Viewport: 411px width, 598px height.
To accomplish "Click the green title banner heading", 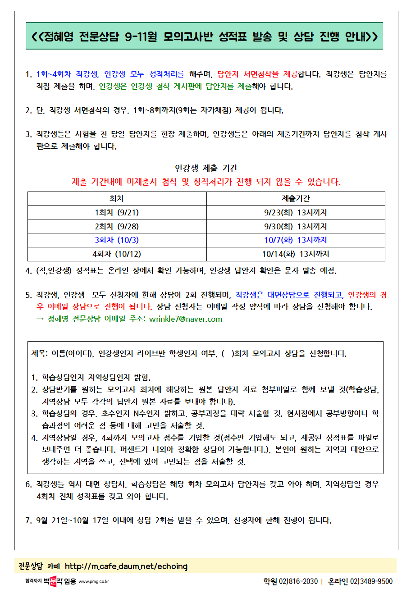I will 205,36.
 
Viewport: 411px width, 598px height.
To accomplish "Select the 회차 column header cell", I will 117,199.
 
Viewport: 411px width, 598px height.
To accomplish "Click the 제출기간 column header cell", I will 296,199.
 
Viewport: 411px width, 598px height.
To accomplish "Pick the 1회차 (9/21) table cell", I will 117,213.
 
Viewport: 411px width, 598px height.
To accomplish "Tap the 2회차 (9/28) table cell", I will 117,226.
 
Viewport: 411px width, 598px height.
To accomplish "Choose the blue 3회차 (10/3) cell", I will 117,240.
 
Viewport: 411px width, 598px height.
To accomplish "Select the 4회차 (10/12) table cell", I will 117,254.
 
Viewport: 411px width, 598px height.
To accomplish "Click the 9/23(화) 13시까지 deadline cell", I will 296,213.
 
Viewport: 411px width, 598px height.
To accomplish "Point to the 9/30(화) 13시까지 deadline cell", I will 296,226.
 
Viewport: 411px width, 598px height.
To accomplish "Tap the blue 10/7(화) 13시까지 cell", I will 296,240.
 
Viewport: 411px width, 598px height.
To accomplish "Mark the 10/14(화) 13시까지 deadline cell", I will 296,254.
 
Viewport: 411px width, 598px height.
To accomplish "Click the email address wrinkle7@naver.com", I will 185,319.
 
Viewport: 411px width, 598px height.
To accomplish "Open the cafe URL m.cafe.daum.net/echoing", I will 126,566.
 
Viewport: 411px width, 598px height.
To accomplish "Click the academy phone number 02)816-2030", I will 298,581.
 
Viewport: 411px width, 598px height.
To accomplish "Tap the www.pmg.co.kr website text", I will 94,582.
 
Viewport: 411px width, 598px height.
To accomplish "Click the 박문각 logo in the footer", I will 53,581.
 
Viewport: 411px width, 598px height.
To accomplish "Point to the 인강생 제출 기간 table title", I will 206,169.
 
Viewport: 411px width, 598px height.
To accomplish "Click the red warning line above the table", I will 206,182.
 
